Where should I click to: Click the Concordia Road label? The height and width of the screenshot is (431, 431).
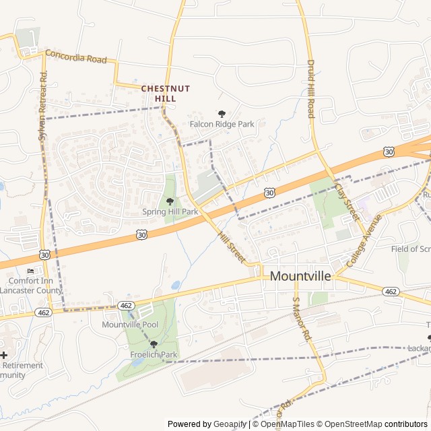click(75, 57)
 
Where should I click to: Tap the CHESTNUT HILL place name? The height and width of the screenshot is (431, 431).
click(166, 94)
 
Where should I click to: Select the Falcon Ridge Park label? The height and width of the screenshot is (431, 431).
click(222, 124)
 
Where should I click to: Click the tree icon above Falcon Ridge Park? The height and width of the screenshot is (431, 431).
click(222, 114)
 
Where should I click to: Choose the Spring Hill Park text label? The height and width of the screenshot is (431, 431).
click(170, 211)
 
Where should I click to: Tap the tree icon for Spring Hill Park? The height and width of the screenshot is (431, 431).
click(170, 201)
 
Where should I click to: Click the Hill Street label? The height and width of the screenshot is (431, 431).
click(231, 246)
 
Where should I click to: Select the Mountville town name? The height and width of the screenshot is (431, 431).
click(300, 276)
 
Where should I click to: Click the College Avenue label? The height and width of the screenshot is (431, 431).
click(364, 240)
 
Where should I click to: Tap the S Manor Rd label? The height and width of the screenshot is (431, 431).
click(301, 319)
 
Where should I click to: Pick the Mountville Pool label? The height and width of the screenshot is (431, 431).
click(130, 325)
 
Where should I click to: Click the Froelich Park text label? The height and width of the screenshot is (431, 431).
click(154, 354)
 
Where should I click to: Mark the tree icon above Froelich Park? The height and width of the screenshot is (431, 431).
click(154, 344)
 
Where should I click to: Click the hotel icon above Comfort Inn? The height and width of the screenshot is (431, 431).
click(30, 271)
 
